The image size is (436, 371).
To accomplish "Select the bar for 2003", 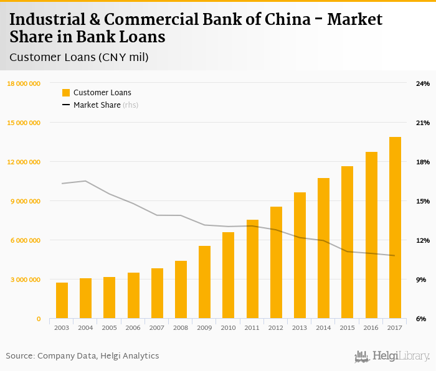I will click(62, 301).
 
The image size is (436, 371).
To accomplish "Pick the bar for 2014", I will click(323, 248).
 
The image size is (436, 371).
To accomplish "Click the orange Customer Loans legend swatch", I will click(66, 93).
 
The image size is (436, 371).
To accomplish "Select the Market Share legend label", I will click(97, 105).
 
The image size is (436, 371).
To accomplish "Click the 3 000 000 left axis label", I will click(25, 279).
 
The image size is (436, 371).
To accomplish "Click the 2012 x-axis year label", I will click(276, 327).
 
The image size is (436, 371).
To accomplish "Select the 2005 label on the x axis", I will click(109, 327).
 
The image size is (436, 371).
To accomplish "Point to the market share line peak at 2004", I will click(85, 181).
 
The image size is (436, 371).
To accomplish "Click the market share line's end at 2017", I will click(395, 255).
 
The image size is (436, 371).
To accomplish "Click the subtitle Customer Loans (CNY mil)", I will click(79, 57).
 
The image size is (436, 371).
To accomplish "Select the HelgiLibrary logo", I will click(392, 356).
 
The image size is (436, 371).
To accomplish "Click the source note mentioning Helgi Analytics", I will click(82, 356).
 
